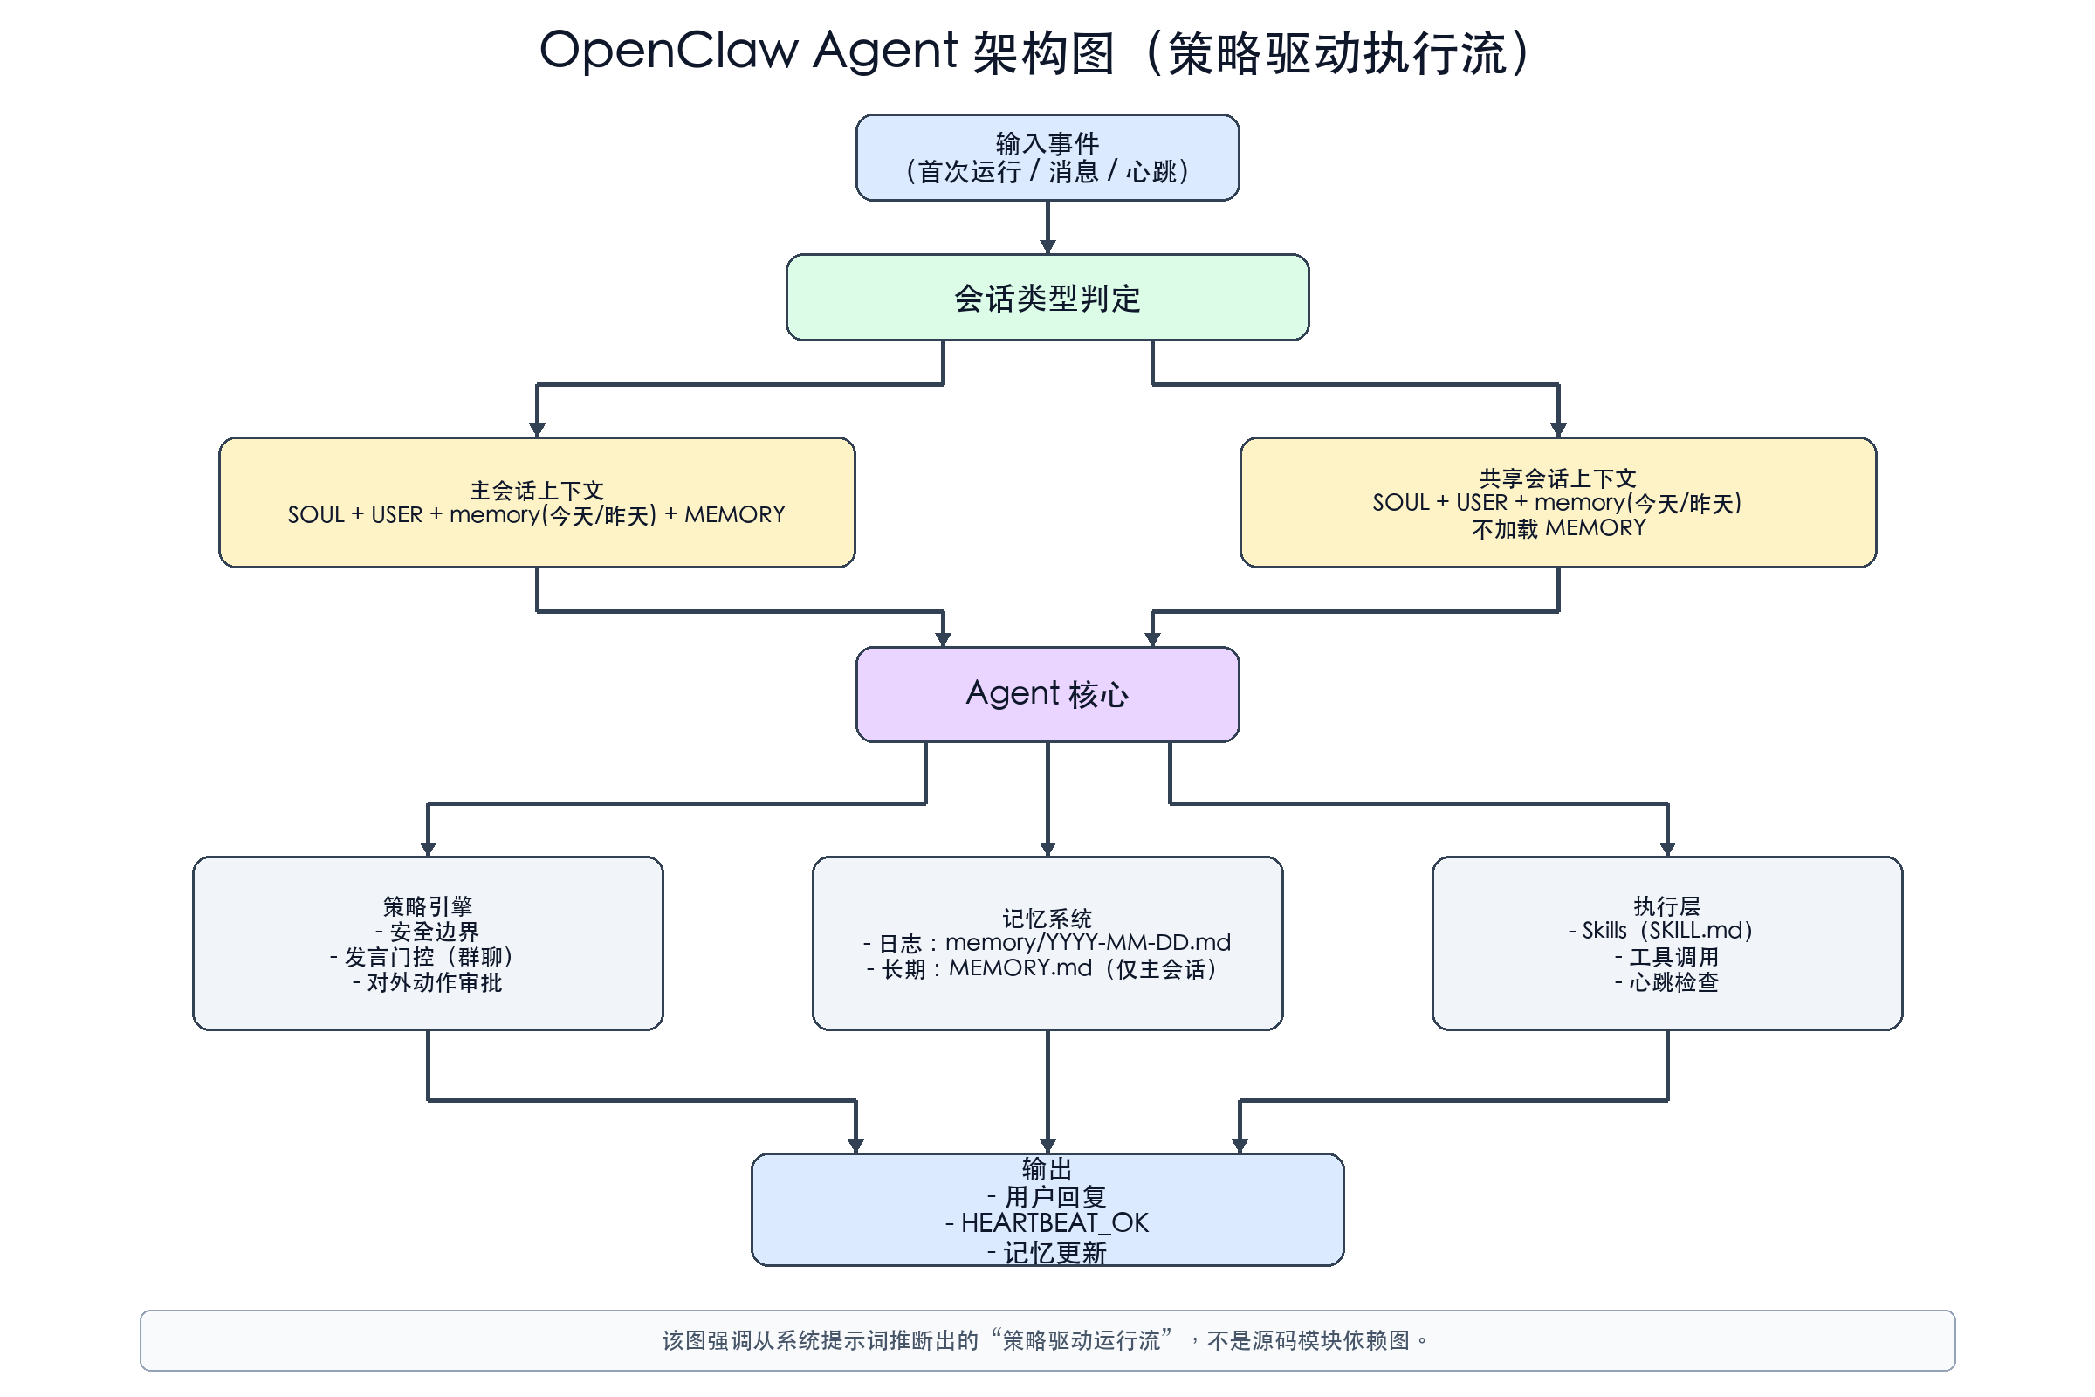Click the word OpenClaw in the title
coord(668,51)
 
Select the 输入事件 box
coord(1047,158)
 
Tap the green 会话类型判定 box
coord(1047,298)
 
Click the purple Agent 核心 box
coord(1047,694)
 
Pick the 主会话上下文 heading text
coord(537,490)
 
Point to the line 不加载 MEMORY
coord(1558,528)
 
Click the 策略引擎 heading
coord(428,906)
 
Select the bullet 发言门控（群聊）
coord(428,957)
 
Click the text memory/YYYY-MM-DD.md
coord(1088,942)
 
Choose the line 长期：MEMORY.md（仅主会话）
coord(1047,968)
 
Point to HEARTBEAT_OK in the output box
coord(1054,1222)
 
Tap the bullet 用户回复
coord(1054,1196)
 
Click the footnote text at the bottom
coord(1047,1340)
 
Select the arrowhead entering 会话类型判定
coord(1047,247)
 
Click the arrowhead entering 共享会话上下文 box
coord(1558,430)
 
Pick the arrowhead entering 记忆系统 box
coord(1047,849)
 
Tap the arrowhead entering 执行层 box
coord(1667,849)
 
